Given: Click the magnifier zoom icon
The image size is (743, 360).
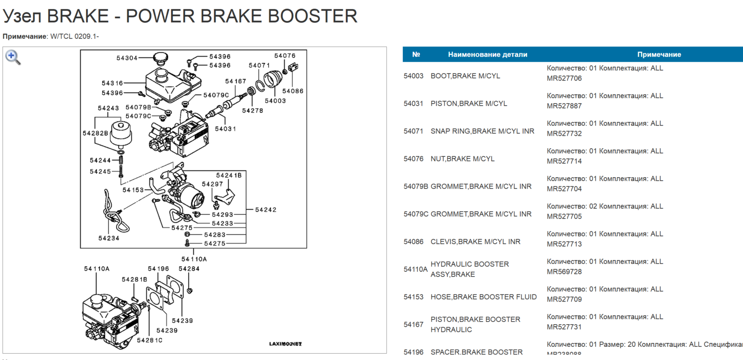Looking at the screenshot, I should (12, 57).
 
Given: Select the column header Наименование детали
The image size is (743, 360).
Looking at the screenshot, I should (488, 55).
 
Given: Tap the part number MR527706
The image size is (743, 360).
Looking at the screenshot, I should (564, 78).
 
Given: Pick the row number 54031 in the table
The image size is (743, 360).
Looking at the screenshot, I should (413, 104).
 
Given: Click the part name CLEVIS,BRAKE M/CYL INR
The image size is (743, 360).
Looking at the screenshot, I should (475, 242).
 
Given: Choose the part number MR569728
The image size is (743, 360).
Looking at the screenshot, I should (564, 272).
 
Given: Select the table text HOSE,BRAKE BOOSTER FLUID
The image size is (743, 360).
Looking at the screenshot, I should (483, 297).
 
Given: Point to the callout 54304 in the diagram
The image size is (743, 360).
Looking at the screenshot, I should (127, 58).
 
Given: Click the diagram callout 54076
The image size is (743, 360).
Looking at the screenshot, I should (284, 56).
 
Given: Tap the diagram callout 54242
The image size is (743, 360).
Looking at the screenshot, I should (266, 210).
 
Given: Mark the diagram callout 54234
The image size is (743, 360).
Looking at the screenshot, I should (109, 238).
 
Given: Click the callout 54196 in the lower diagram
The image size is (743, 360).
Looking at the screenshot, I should (158, 269).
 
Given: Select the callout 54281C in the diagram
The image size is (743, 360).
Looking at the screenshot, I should (149, 340).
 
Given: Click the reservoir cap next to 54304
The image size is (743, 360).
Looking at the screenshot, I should (161, 57).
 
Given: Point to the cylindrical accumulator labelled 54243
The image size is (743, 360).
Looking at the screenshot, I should (121, 133).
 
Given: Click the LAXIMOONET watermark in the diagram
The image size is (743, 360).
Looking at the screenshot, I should (285, 344).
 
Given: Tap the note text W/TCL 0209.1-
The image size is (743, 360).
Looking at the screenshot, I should (75, 37).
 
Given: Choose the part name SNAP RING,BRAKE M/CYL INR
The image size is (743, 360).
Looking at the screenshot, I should (482, 131).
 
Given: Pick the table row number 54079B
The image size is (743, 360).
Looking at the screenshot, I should (416, 186).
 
